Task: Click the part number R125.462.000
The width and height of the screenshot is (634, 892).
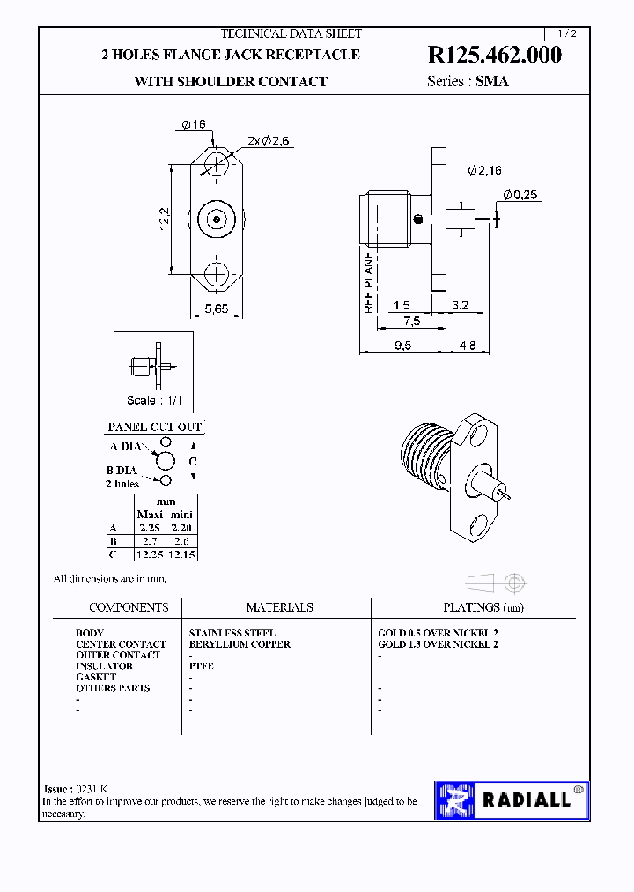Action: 494,56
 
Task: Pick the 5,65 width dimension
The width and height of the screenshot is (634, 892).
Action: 217,308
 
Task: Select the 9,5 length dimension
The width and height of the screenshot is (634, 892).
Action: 402,346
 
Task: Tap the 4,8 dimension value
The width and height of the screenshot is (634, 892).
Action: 467,346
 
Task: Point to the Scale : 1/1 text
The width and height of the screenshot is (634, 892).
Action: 154,400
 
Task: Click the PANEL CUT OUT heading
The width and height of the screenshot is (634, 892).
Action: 155,427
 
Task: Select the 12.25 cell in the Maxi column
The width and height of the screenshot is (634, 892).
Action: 149,554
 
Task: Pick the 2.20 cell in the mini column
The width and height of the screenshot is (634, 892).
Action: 181,528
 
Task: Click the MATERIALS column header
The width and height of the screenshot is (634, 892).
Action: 279,607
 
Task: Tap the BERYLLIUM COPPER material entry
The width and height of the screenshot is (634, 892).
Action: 240,644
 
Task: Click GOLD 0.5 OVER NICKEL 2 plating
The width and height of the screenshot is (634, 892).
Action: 438,633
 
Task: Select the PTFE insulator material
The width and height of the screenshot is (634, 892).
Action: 201,666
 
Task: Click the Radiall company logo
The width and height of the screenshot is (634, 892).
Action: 512,799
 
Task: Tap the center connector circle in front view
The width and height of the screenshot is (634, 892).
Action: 217,219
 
